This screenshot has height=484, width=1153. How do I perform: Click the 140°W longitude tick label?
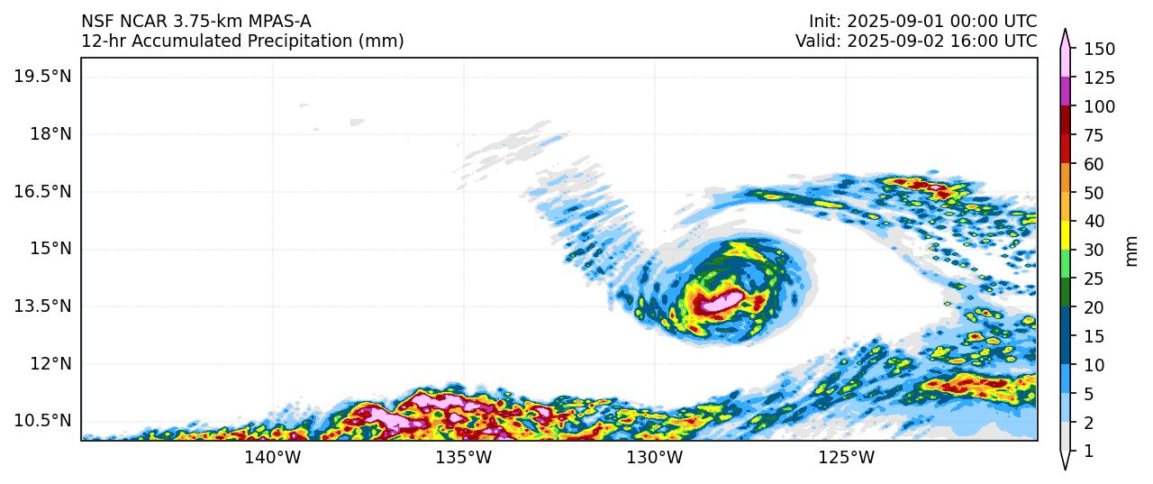point(273,458)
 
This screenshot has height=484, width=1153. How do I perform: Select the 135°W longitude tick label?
point(464,458)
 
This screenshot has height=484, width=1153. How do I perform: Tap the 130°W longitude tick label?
point(655,458)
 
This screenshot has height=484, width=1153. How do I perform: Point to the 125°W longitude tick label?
point(847,458)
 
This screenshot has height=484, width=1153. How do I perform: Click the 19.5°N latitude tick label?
point(42,76)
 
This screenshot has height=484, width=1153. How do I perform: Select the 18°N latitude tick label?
point(50,133)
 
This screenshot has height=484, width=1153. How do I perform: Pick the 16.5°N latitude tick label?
point(42,191)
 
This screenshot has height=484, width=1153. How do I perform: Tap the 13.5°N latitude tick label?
point(42,306)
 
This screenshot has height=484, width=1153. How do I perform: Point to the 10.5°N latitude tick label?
point(42,421)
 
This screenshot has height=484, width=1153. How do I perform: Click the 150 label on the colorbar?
point(1100,49)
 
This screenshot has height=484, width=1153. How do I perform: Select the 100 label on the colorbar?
point(1100,106)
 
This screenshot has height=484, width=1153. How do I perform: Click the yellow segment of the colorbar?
point(1066,235)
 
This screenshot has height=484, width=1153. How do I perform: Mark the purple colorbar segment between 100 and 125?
point(1066,92)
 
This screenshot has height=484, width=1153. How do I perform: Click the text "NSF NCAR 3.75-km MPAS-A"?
point(196,21)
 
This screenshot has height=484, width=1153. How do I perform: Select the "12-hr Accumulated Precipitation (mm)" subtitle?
point(242,41)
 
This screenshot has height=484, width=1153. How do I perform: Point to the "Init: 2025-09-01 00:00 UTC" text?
point(922,21)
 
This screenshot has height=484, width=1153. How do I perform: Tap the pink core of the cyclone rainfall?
point(721,303)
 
